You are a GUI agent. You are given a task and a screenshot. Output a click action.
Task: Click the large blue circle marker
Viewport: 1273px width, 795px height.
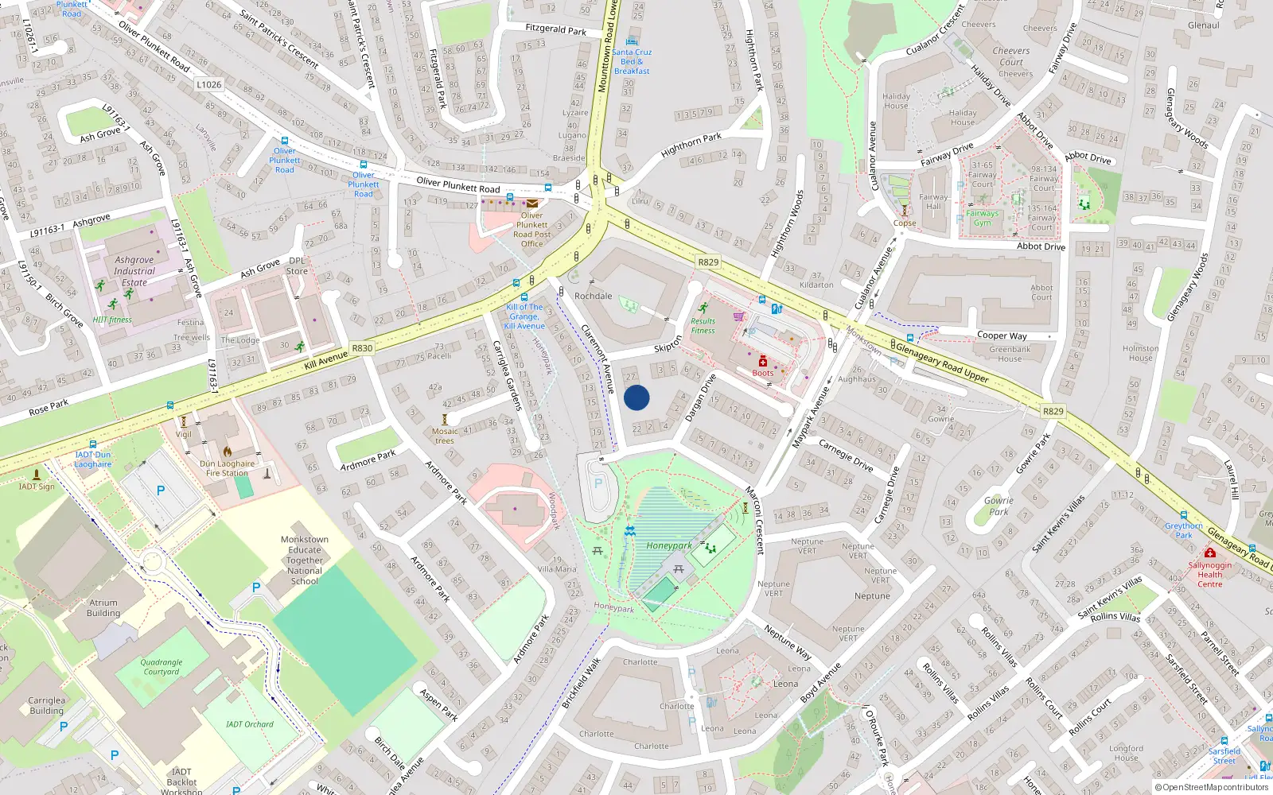pos(636,397)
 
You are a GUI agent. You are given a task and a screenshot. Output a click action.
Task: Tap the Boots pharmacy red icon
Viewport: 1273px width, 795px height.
pos(762,362)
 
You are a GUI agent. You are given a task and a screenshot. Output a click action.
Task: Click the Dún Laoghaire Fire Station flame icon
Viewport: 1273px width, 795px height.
pos(228,452)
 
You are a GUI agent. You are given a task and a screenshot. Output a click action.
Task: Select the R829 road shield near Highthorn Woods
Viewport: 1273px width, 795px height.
pos(707,262)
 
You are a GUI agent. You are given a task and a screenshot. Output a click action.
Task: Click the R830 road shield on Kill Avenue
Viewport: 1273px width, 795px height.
pos(362,348)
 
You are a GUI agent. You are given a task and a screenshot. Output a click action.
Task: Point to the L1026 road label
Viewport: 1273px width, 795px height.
pos(208,84)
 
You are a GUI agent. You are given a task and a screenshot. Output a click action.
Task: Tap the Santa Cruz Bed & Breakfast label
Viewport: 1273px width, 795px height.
pos(632,61)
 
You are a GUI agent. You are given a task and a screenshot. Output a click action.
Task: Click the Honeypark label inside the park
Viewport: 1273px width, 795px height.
pos(668,545)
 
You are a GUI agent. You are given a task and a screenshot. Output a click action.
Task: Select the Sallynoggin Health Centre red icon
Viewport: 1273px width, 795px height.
pos(1210,553)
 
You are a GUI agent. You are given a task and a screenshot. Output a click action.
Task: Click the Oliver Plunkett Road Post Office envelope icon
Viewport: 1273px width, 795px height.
pos(532,204)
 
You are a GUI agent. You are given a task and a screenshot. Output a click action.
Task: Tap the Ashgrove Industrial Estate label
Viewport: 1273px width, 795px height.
pos(134,271)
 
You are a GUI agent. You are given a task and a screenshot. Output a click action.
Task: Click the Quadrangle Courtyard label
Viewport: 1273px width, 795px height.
pos(162,667)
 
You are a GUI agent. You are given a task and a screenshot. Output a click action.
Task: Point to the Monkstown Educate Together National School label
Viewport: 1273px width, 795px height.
pos(305,560)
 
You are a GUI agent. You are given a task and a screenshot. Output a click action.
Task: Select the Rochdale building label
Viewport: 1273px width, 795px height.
pos(594,296)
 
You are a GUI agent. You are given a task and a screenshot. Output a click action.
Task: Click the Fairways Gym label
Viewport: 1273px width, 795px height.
pos(983,218)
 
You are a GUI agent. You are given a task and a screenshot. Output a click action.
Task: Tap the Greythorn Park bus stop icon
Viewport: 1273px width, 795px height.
pos(1184,515)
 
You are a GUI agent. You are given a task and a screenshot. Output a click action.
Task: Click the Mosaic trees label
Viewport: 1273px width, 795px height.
pos(445,436)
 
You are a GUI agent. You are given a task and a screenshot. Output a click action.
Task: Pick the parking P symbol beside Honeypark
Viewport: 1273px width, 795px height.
pos(598,483)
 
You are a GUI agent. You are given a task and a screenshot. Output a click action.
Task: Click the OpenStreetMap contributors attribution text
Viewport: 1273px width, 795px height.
pos(1211,788)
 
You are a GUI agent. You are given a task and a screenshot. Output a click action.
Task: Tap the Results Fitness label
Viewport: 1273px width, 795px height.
pos(703,326)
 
